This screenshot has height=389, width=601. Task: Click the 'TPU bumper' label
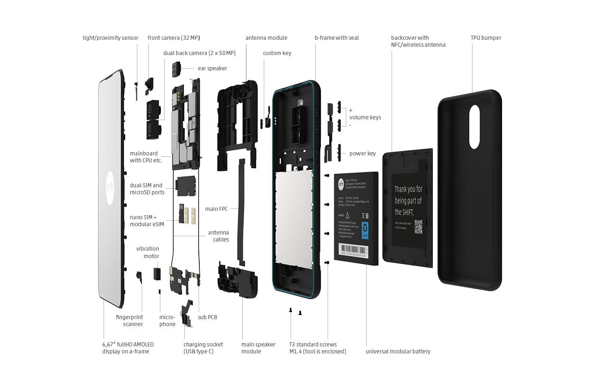click(x=486, y=38)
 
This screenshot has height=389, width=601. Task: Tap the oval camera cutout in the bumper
click(x=474, y=127)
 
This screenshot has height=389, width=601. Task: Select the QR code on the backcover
click(x=418, y=227)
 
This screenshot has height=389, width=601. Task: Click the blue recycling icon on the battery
click(x=365, y=230)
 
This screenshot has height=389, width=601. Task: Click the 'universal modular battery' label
click(x=398, y=352)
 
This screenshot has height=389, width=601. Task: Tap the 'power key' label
click(x=362, y=154)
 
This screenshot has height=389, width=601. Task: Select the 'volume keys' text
click(x=365, y=117)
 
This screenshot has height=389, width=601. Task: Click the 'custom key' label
click(x=277, y=53)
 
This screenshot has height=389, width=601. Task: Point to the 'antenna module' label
click(x=266, y=38)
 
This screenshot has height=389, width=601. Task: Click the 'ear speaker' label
click(x=212, y=68)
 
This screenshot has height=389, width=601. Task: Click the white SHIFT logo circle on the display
click(x=110, y=188)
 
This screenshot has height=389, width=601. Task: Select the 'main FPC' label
click(x=217, y=209)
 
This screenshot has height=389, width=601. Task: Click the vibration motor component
click(x=157, y=273)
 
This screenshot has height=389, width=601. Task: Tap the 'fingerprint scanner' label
click(x=129, y=321)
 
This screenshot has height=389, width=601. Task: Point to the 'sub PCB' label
click(x=207, y=317)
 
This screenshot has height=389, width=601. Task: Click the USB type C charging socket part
click(x=187, y=315)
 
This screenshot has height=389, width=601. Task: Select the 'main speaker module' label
click(x=258, y=348)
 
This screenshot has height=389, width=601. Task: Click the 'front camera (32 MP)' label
click(x=174, y=38)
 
